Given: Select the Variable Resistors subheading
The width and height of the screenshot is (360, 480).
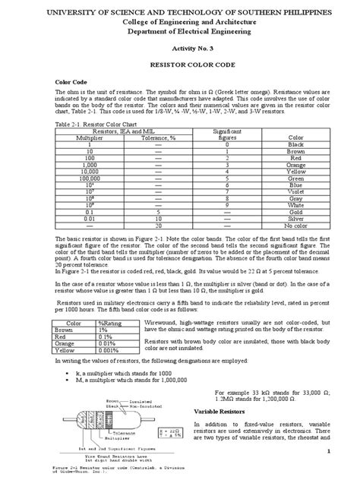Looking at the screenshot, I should [225, 410].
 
